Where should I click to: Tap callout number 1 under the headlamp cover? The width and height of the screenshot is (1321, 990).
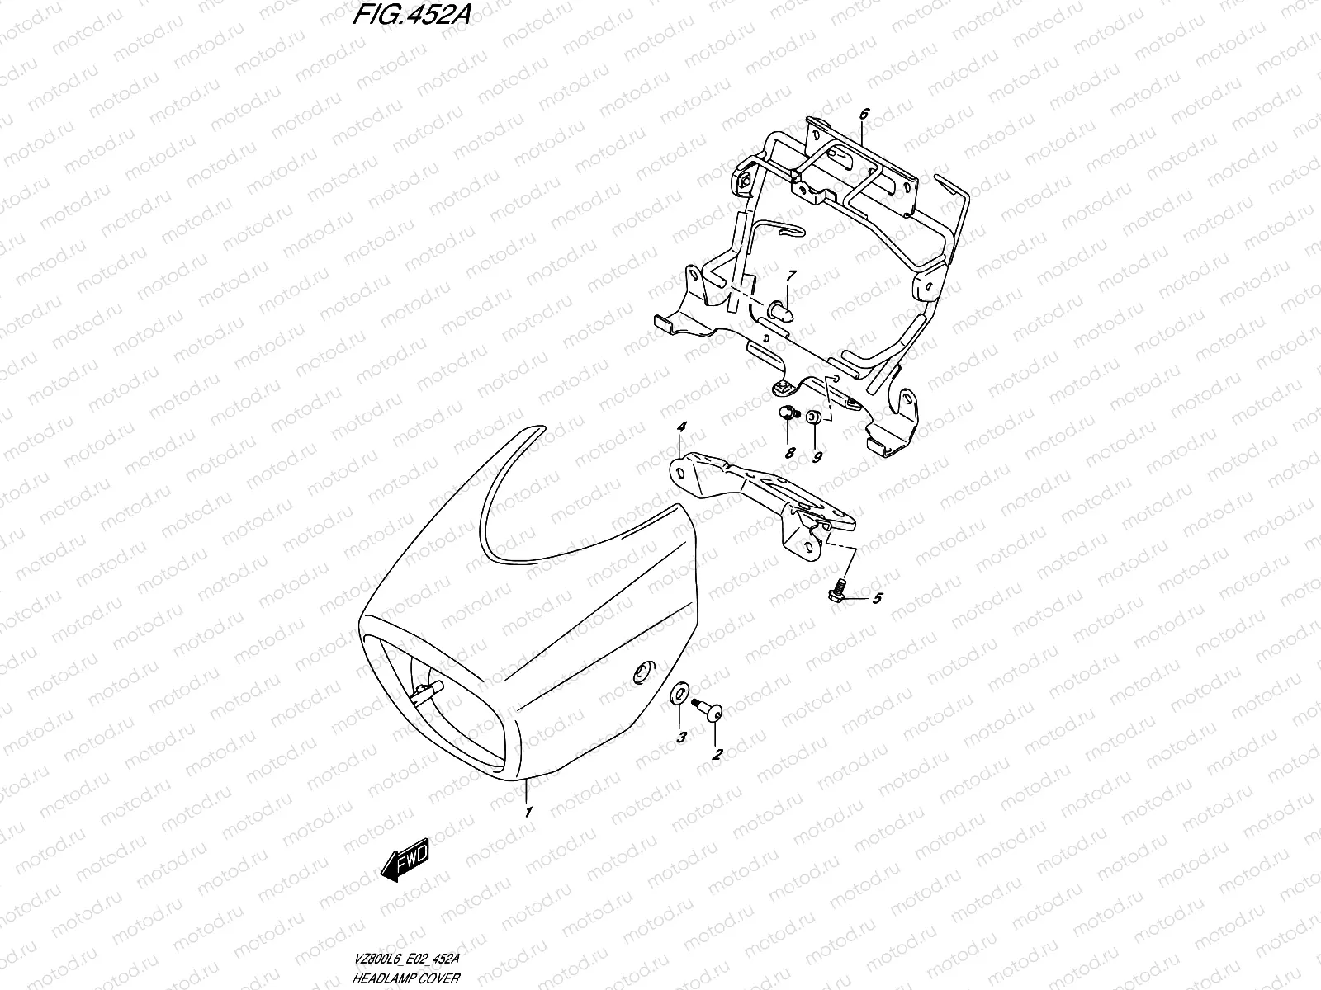(x=528, y=812)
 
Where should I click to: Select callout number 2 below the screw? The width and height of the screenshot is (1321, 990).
(x=717, y=753)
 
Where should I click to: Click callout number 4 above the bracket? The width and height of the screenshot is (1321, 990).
(x=682, y=427)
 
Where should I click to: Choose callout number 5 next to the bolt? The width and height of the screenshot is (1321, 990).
(x=877, y=598)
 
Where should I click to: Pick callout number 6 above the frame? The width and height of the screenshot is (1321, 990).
(x=864, y=115)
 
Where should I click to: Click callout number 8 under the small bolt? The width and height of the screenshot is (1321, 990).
(x=789, y=453)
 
